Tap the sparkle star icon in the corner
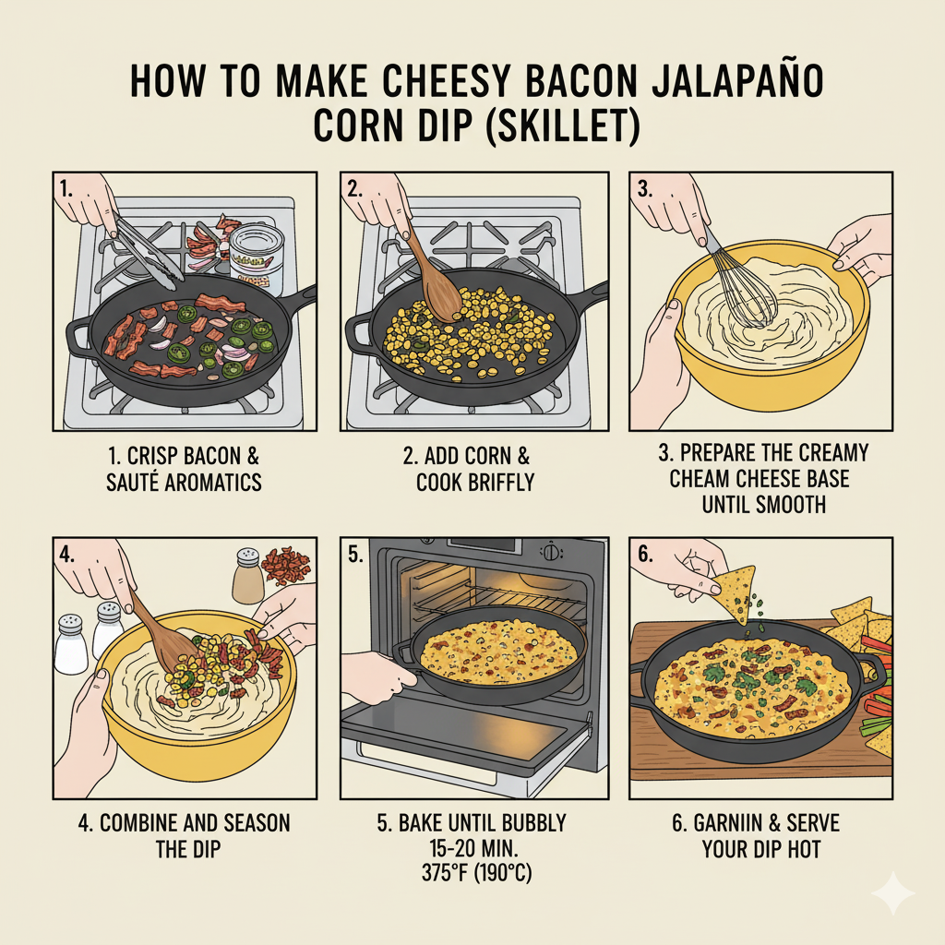pos(893,893)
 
